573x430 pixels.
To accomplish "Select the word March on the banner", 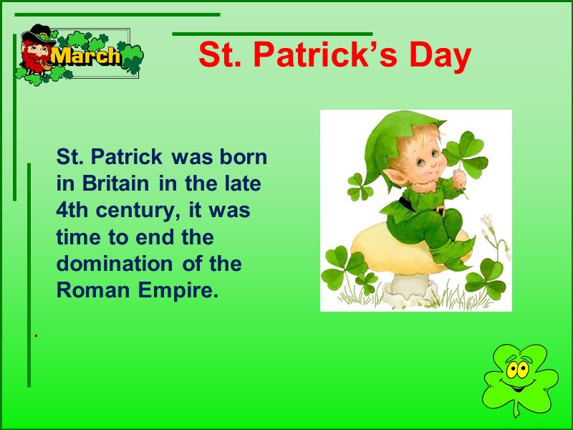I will pyautogui.click(x=86, y=57).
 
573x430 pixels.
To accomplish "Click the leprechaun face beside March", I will pyautogui.click(x=36, y=54).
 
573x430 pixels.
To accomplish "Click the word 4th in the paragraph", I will pyautogui.click(x=72, y=211).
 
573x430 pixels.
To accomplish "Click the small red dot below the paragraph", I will pyautogui.click(x=36, y=335).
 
